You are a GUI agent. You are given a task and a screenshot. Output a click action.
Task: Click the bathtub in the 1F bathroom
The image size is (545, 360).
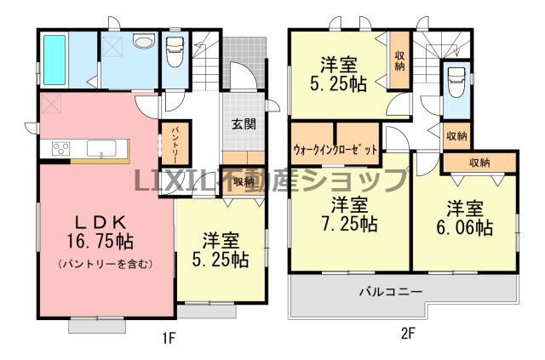(54, 60)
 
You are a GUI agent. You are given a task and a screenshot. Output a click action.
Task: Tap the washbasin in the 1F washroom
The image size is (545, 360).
(144, 42)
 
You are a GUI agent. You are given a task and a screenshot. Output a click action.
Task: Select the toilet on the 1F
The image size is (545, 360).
(175, 51)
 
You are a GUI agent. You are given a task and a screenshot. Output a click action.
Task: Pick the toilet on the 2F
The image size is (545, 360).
(456, 82)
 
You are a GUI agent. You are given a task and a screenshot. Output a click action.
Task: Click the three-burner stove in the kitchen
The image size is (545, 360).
(60, 149)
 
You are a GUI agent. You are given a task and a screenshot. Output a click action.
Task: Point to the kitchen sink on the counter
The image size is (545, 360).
(101, 149)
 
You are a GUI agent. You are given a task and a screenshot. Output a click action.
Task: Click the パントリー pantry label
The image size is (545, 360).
(175, 145)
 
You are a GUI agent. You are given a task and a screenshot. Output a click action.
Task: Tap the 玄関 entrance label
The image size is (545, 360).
(244, 123)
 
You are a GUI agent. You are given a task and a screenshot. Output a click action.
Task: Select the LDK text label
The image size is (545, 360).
(100, 221)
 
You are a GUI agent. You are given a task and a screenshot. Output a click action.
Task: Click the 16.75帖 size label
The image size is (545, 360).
(100, 241)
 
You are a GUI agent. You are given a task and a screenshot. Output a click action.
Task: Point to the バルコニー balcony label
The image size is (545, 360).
(391, 291)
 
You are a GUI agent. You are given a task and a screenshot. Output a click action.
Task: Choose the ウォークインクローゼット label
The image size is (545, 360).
(335, 150)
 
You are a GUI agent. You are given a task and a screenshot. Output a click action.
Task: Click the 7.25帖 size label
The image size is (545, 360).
(348, 224)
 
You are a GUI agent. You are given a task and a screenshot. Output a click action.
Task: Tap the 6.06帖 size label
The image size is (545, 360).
(465, 227)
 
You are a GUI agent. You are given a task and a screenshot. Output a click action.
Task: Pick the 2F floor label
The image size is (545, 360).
(408, 334)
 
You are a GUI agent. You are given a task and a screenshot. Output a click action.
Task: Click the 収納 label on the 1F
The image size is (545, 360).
(244, 182)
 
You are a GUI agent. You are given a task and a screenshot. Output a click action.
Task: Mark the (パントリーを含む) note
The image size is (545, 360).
(106, 264)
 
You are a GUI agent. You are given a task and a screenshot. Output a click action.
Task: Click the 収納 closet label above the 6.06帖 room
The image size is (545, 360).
(479, 163)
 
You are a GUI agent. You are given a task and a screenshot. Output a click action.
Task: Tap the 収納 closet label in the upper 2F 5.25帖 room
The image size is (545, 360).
(399, 61)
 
